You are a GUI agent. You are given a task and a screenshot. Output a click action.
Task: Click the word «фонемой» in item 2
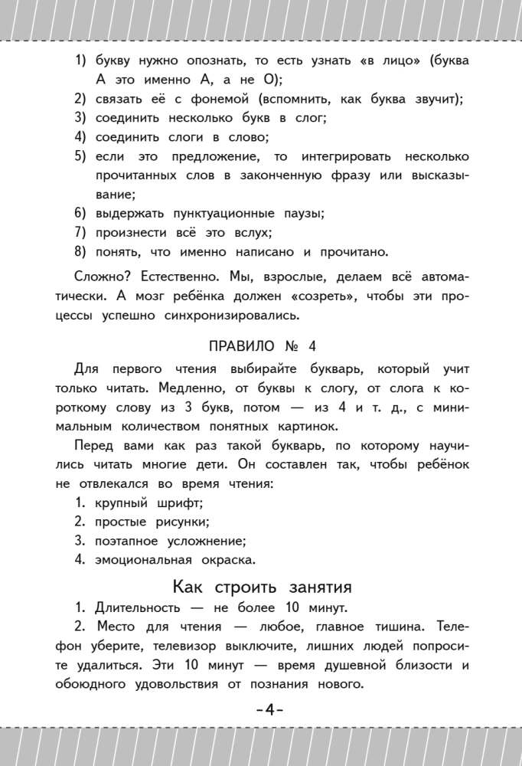coord(216,100)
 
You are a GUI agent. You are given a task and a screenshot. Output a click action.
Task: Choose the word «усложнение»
coord(200,541)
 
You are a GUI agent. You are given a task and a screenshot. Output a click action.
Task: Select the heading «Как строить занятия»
coord(261,588)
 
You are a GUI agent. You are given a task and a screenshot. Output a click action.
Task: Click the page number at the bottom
coord(261,710)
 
